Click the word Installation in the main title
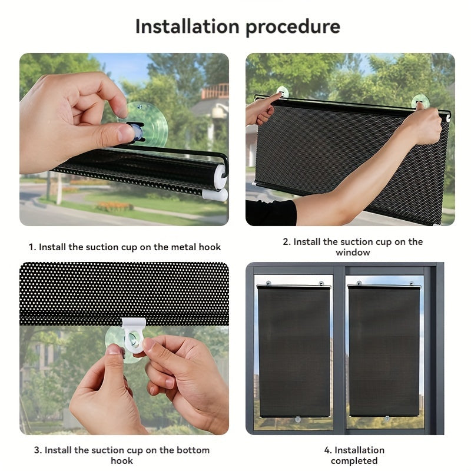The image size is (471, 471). tap(187, 26)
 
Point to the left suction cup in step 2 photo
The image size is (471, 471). tap(283, 92)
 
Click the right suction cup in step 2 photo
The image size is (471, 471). tap(420, 101)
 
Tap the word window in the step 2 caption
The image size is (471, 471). tap(353, 253)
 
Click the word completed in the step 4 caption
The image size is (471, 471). tap(354, 460)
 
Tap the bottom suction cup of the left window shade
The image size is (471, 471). tap(298, 420)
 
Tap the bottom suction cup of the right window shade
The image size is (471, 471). tap(387, 418)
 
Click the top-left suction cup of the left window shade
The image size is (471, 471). tap(268, 283)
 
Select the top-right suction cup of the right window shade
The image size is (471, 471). tap(411, 283)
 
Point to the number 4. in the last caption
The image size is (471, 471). tap(328, 450)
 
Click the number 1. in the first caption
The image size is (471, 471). tap(32, 247)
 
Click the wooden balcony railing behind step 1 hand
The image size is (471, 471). tap(215, 91)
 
